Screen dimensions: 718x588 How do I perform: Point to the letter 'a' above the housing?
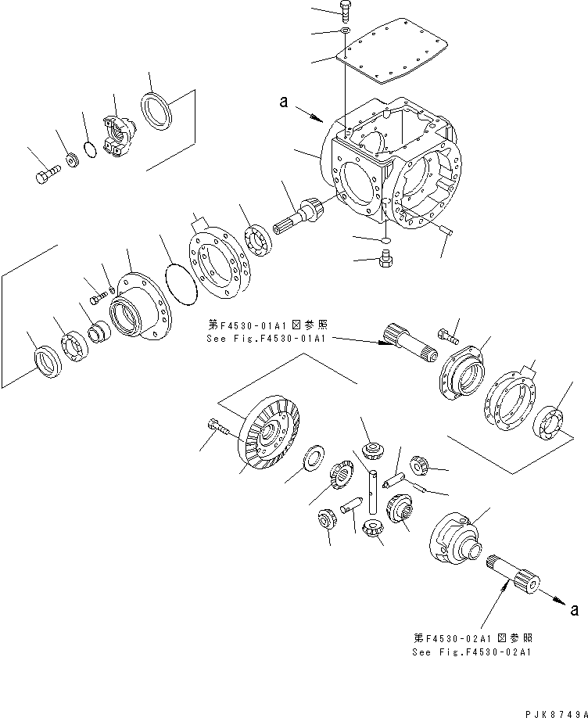click(x=285, y=102)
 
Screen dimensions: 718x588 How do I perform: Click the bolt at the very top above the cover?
click(x=346, y=10)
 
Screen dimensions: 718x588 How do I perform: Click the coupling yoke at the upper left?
click(x=119, y=133)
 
